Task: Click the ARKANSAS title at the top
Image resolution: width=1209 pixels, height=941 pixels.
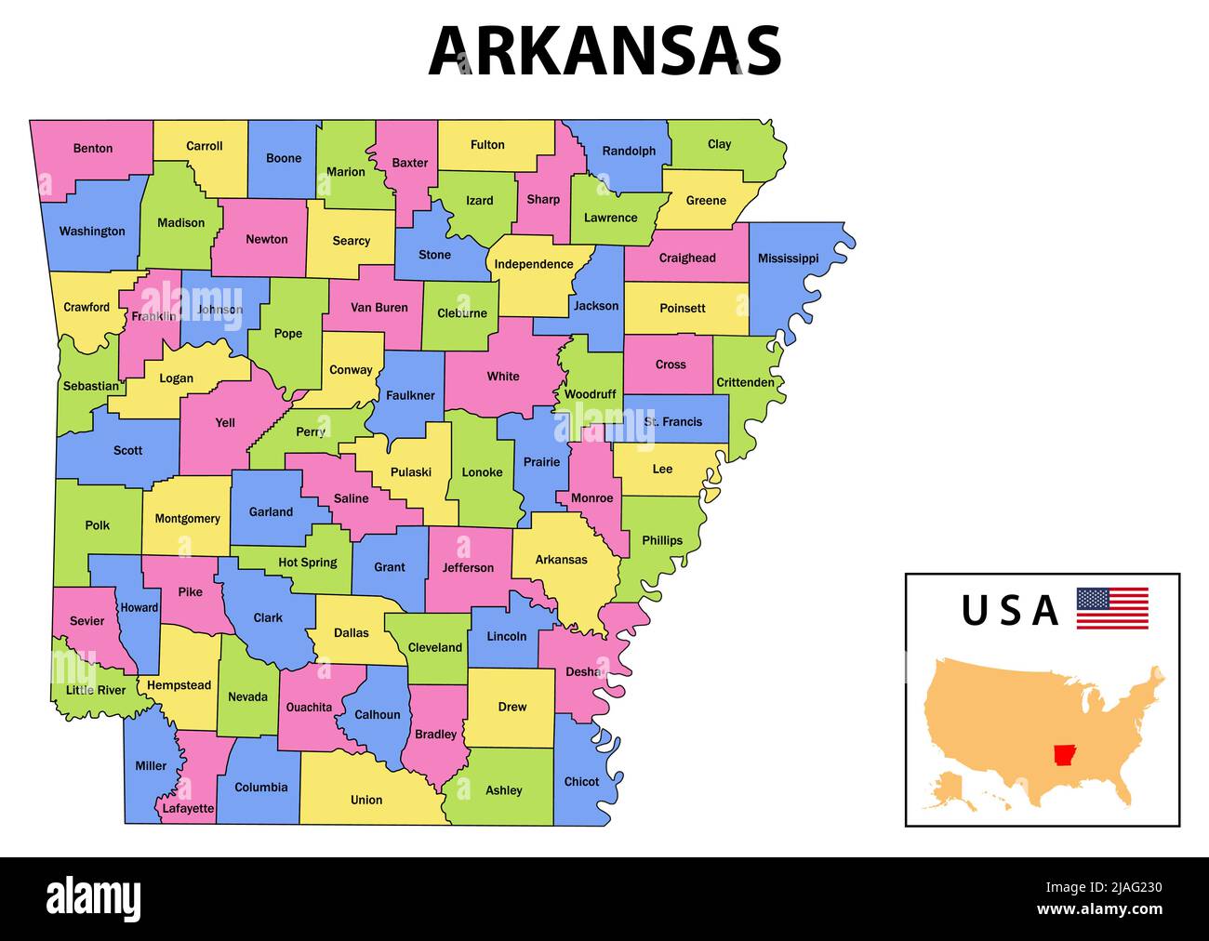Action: coord(604,50)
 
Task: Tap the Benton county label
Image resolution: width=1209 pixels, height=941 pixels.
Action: coord(93,148)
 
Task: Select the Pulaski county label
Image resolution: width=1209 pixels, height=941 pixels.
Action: coord(411,472)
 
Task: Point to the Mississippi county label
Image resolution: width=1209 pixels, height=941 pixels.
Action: coord(788,258)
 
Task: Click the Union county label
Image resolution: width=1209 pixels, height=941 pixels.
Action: coord(366,800)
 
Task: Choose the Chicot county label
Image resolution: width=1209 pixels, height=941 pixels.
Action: coord(581,782)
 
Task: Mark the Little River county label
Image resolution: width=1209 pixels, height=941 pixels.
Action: coord(96,690)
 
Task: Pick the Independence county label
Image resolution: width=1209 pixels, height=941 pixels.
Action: coord(534,264)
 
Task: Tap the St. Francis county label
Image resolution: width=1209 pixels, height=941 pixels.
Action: coord(673,422)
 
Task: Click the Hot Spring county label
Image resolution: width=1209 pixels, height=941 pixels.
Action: coord(308,563)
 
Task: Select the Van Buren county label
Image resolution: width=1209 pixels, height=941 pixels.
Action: coord(379,308)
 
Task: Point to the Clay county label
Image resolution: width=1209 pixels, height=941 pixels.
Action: coord(719,144)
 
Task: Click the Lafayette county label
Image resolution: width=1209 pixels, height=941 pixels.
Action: coord(188,809)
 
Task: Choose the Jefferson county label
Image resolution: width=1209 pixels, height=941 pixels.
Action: coord(468,568)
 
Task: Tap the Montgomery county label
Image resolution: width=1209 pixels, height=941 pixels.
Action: coord(188,519)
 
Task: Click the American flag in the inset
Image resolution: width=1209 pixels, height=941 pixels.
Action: coord(1112,608)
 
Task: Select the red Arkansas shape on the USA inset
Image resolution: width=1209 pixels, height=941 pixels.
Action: coord(1062,754)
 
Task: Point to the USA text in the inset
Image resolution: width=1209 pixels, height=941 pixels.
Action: coord(1010,611)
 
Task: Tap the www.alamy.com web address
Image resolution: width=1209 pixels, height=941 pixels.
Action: coord(1099,909)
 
